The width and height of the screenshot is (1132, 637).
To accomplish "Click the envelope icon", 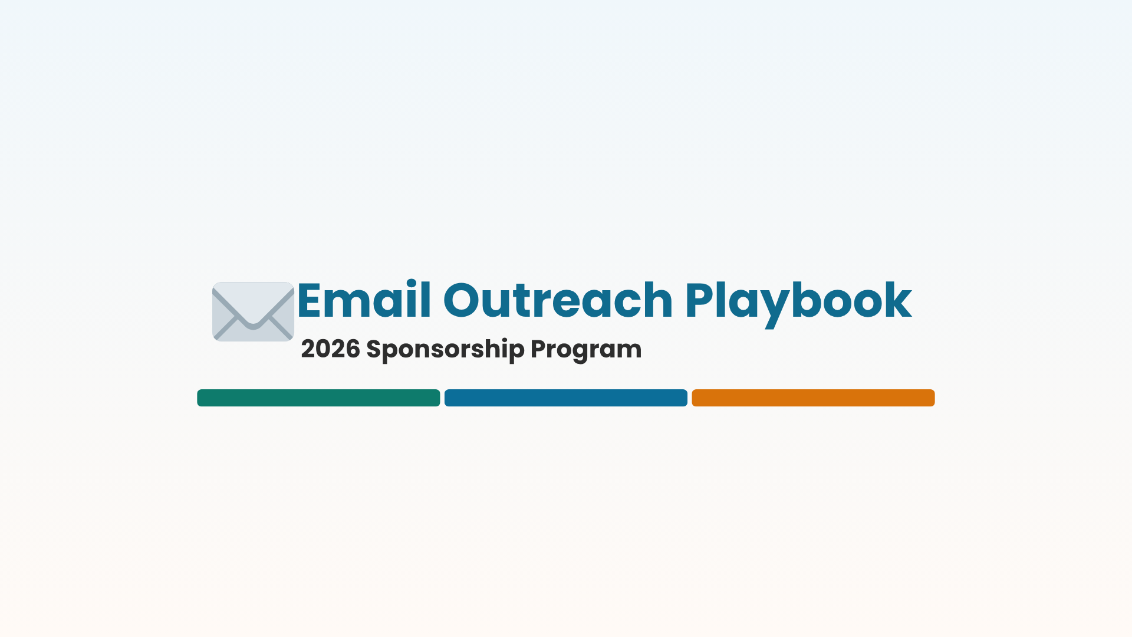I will [x=253, y=311].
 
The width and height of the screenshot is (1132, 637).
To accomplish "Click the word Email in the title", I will [x=364, y=301].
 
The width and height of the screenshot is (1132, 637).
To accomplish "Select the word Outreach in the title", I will [x=557, y=301].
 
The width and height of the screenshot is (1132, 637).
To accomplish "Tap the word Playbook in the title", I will [x=798, y=301].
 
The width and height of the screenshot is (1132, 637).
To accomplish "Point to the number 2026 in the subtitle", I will [x=330, y=349].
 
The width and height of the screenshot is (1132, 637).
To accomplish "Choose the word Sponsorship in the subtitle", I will [x=445, y=349].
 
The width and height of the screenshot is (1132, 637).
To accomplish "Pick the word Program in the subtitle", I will [x=586, y=349].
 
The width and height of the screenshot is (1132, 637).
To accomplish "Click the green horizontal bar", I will [x=318, y=398].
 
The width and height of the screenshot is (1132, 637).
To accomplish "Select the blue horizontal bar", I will [x=566, y=398].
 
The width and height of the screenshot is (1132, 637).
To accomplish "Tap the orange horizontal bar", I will [x=813, y=398].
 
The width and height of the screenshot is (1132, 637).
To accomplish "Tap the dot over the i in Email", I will [x=411, y=283].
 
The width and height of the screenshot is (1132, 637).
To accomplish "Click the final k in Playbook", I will [x=897, y=301].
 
